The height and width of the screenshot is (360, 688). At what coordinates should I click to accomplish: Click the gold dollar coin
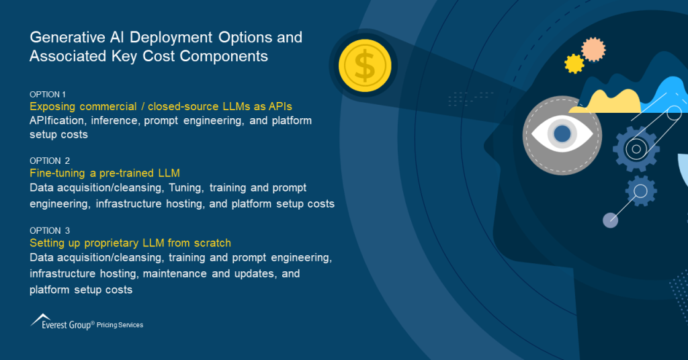363,66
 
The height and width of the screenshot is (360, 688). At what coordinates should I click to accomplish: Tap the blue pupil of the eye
562,134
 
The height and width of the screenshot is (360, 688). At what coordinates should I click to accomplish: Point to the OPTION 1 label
48,94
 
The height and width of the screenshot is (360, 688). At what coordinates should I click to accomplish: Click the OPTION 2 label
50,161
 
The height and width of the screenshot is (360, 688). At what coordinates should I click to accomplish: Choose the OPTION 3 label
50,230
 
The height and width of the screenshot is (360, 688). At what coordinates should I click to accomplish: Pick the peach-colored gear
593,50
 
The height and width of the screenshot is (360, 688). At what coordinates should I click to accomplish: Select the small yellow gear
574,64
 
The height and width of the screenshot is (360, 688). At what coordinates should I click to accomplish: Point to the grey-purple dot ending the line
610,220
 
